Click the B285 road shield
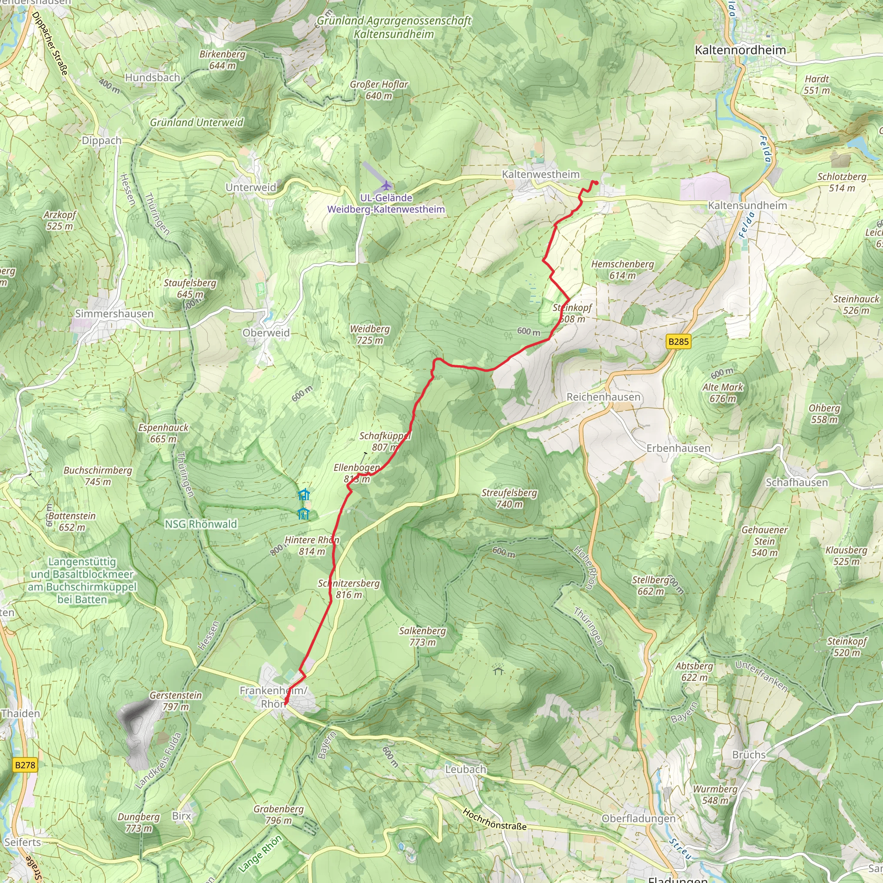click(x=678, y=341)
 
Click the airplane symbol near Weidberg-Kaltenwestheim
click(x=387, y=185)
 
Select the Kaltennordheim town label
click(x=740, y=50)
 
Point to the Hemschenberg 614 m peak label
click(x=622, y=269)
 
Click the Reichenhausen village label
click(x=603, y=397)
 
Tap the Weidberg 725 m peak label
click(x=370, y=335)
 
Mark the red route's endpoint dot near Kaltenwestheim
click(x=596, y=183)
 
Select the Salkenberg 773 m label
click(x=422, y=636)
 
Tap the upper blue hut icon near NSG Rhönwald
click(x=304, y=495)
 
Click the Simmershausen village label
click(x=114, y=313)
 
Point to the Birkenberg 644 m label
click(x=222, y=60)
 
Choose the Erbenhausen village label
click(x=678, y=448)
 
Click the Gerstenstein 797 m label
click(x=175, y=701)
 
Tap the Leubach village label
click(x=466, y=769)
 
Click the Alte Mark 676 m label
click(x=723, y=393)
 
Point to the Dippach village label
click(x=101, y=140)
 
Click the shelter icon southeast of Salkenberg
click(x=498, y=671)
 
